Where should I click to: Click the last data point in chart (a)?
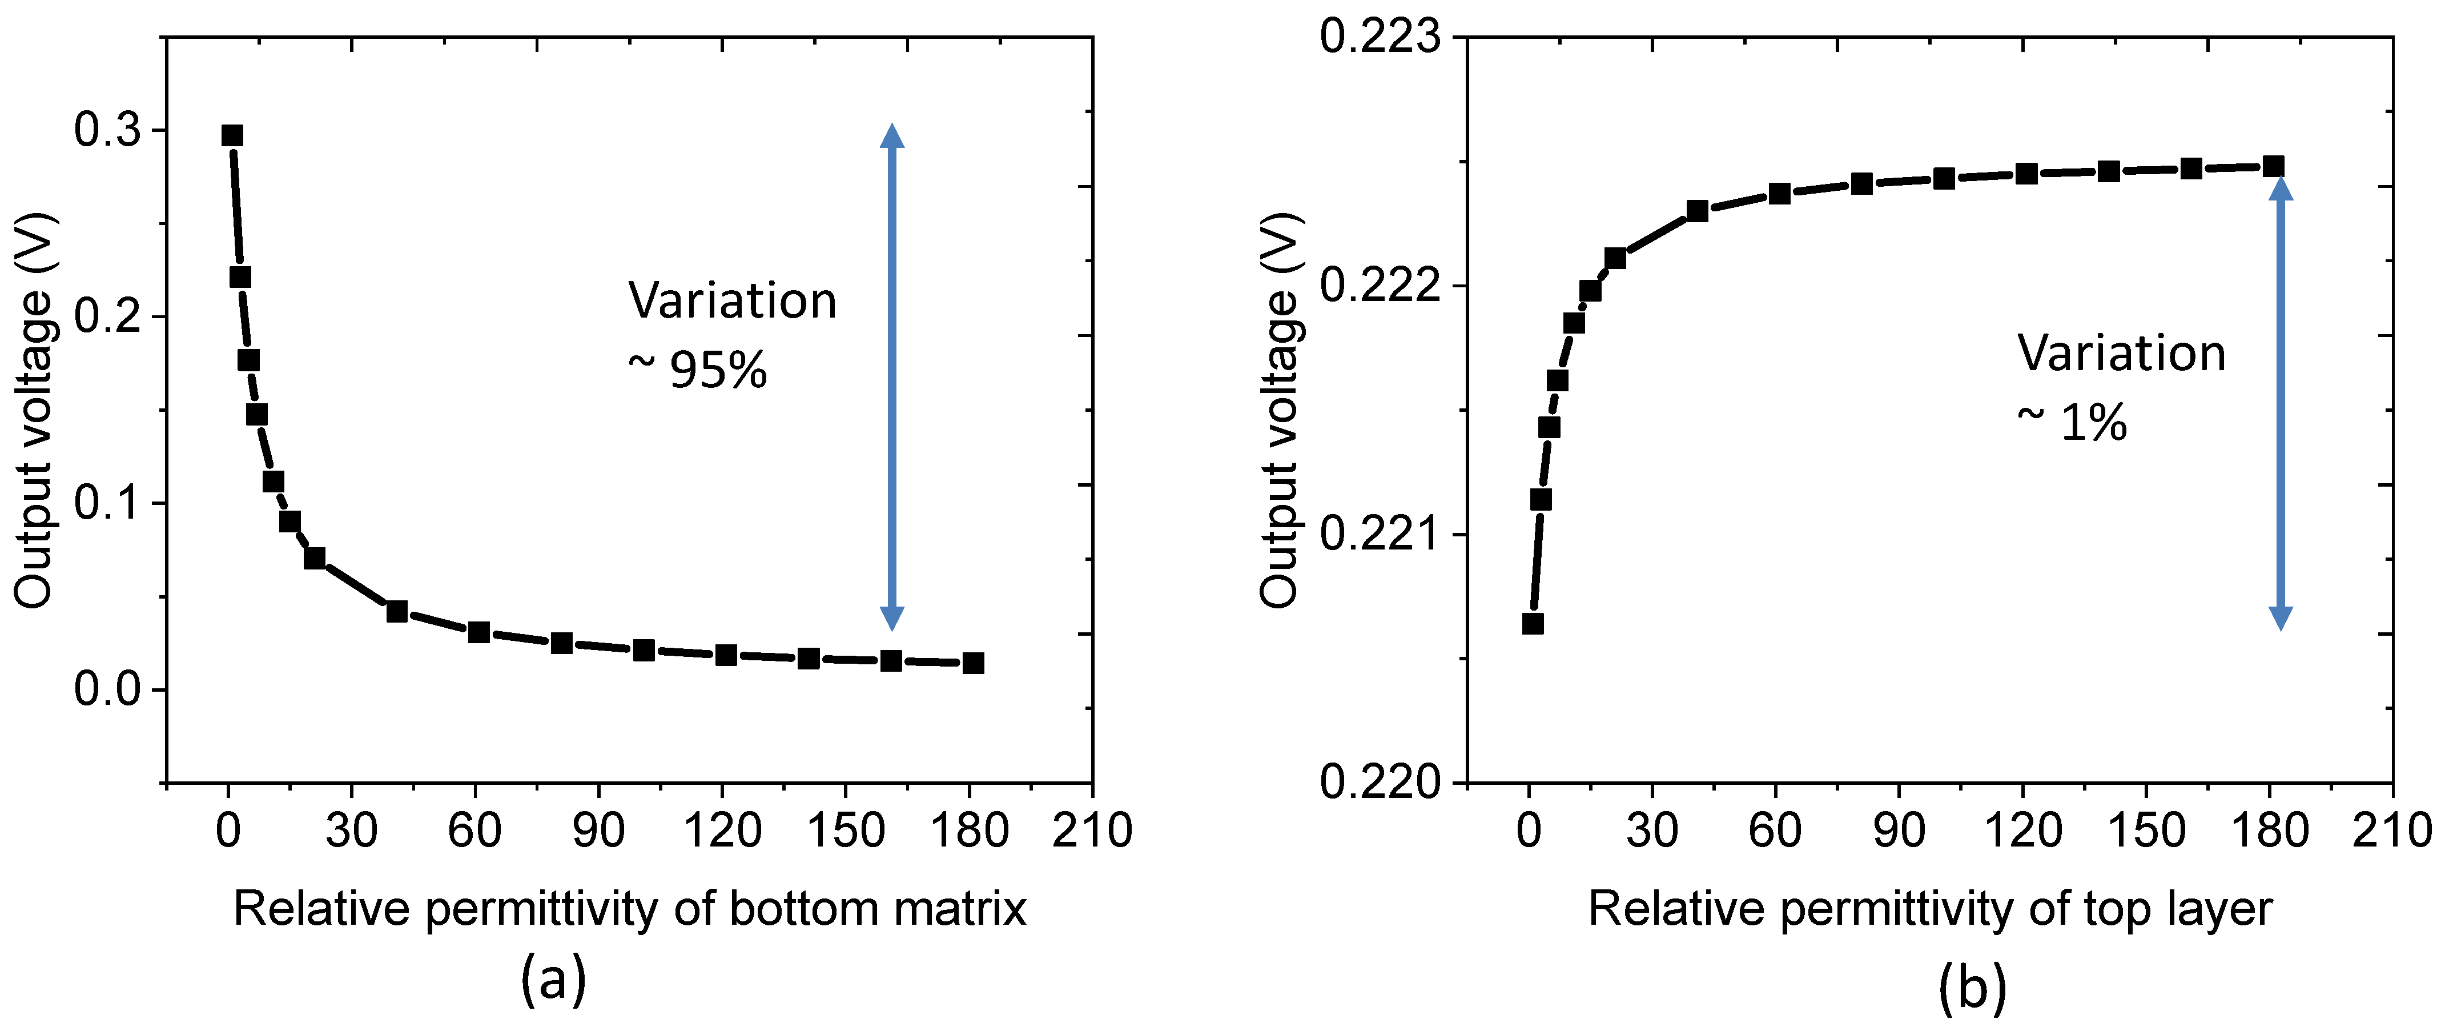[973, 663]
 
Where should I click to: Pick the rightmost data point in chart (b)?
[2273, 167]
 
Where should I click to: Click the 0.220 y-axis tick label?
[1380, 783]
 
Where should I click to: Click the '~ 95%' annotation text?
[698, 370]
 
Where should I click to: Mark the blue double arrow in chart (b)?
[2281, 403]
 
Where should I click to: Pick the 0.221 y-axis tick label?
[1380, 535]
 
